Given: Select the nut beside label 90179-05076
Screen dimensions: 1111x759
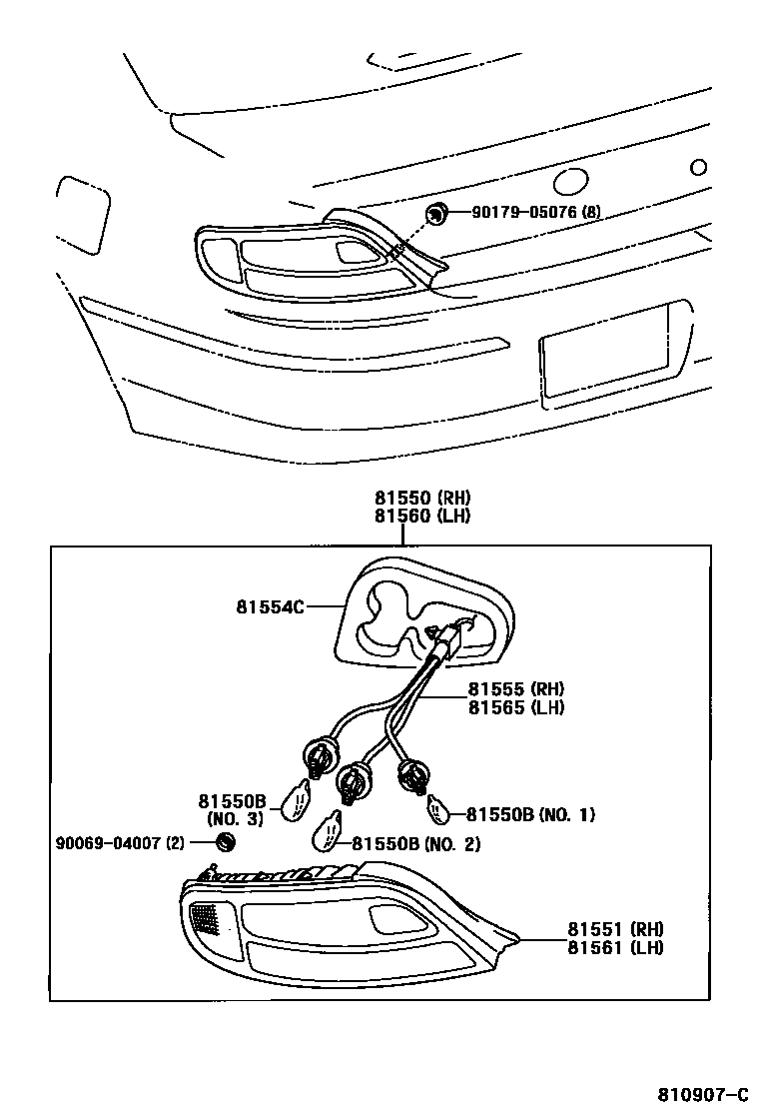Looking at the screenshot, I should pyautogui.click(x=436, y=212).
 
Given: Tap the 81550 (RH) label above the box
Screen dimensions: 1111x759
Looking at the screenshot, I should pyautogui.click(x=422, y=498).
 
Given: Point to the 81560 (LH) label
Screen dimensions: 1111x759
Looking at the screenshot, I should pyautogui.click(x=422, y=516).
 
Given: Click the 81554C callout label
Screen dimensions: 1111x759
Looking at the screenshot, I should pyautogui.click(x=270, y=605).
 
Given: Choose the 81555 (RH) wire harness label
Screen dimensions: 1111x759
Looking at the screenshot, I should pyautogui.click(x=516, y=689).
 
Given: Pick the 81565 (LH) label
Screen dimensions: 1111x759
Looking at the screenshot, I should pyautogui.click(x=516, y=707).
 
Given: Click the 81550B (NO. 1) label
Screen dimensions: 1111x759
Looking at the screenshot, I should pyautogui.click(x=530, y=814).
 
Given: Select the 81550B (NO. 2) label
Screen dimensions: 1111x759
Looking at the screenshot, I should pyautogui.click(x=415, y=844).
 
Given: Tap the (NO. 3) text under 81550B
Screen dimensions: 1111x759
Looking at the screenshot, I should pyautogui.click(x=235, y=819).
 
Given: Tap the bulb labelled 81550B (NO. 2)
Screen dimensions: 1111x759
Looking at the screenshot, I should pyautogui.click(x=329, y=829).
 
